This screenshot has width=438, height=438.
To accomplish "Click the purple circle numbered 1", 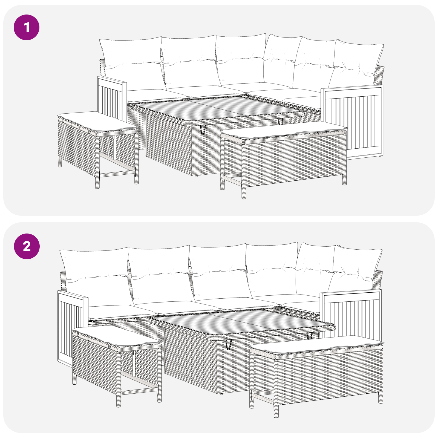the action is click(x=27, y=27).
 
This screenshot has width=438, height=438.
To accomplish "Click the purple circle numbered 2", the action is click(x=27, y=246).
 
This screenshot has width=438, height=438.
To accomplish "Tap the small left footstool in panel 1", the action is click(x=98, y=148).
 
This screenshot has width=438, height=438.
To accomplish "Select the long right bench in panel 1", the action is click(x=283, y=159).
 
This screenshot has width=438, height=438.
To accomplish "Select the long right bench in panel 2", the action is click(x=316, y=375).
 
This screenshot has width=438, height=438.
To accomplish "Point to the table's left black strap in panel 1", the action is click(x=203, y=130).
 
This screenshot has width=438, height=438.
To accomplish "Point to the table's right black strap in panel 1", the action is click(x=280, y=121).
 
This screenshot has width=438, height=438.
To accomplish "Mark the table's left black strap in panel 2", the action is click(x=229, y=344).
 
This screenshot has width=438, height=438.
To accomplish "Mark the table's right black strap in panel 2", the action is click(x=310, y=336).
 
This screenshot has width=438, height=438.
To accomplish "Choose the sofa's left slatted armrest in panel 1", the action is click(x=112, y=99).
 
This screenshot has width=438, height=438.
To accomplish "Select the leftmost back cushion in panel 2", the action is click(x=96, y=276).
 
